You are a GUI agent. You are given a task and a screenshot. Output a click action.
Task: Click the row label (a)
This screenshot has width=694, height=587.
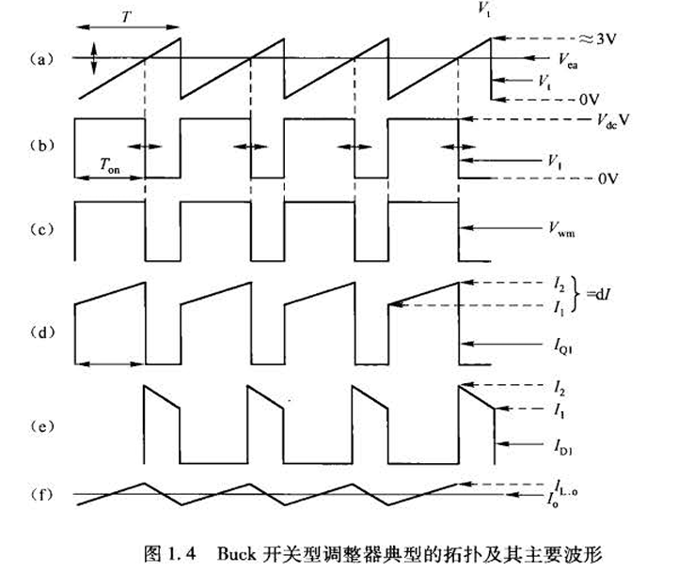[38, 59]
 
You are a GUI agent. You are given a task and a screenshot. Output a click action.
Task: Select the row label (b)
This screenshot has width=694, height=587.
[38, 147]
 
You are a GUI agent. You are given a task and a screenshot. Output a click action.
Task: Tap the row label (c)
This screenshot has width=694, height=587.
[38, 230]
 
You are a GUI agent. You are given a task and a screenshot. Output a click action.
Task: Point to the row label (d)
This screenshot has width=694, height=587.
[38, 331]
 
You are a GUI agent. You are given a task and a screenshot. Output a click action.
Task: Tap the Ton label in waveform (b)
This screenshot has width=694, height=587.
[110, 162]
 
